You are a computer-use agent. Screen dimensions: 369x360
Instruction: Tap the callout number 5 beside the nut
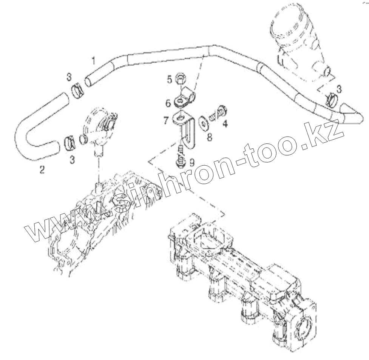(170, 79)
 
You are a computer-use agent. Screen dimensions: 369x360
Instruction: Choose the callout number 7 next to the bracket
(165, 121)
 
